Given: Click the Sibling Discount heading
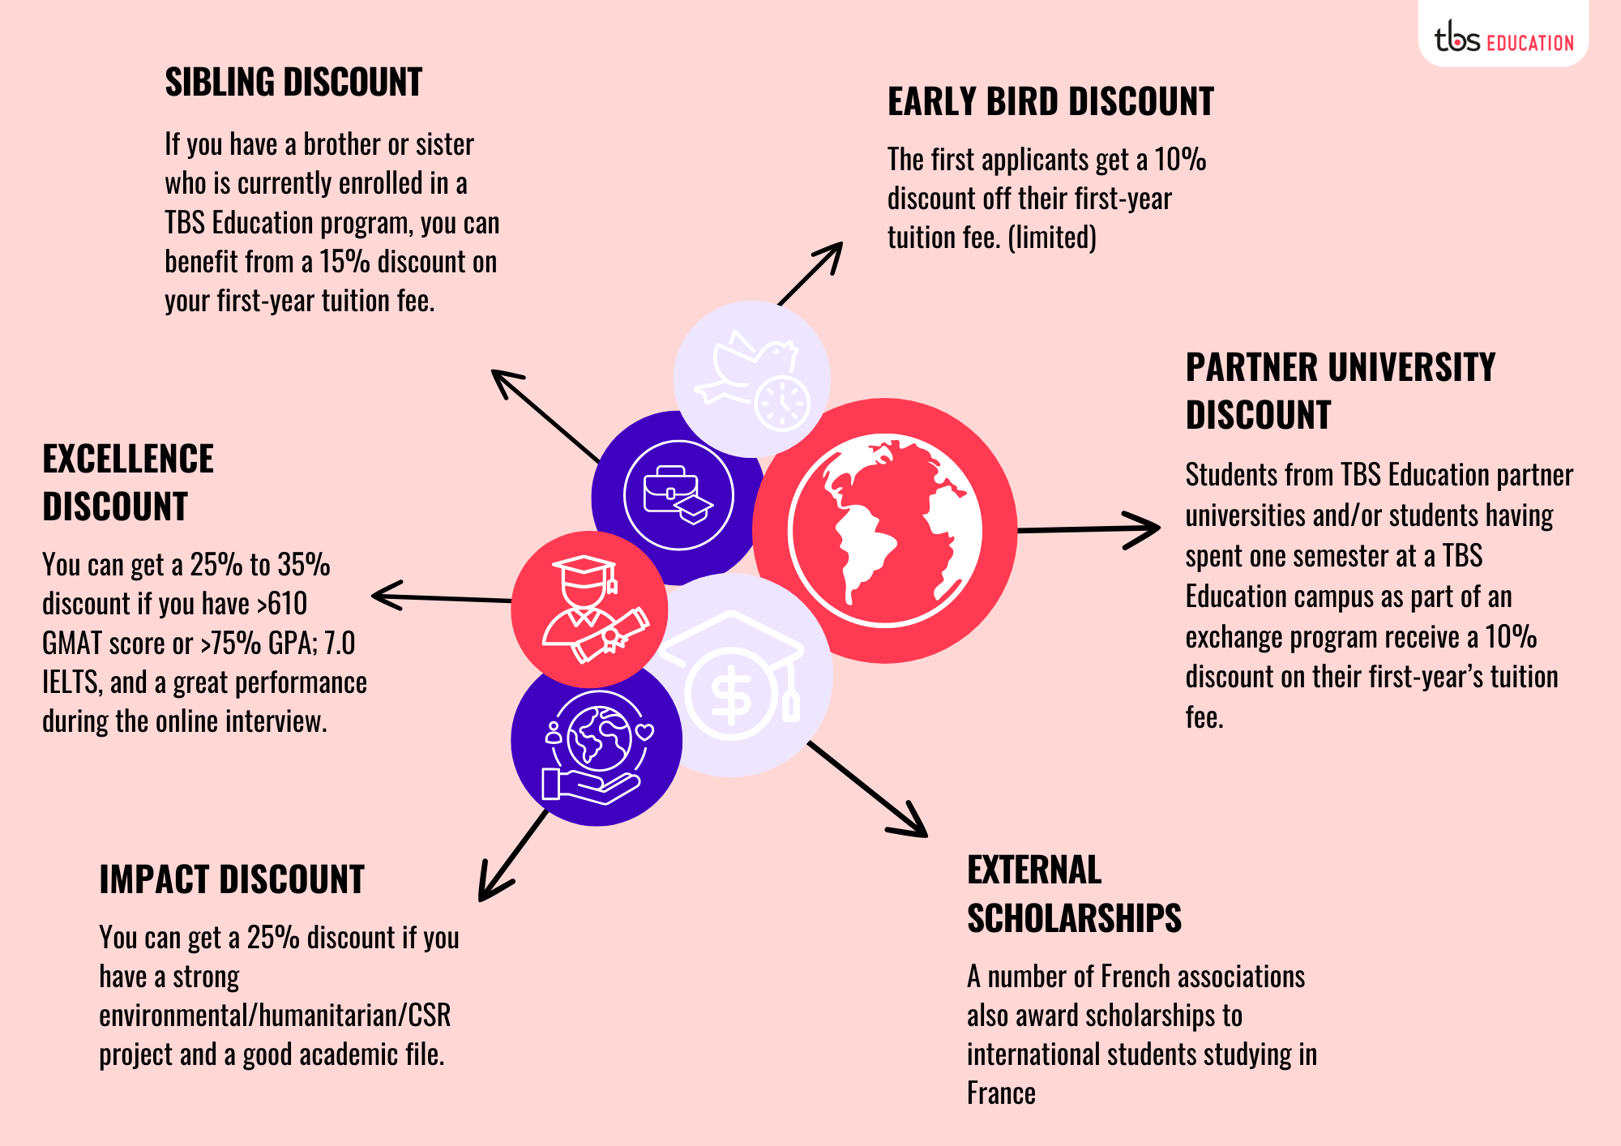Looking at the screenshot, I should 293,83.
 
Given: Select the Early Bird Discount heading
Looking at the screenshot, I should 1050,102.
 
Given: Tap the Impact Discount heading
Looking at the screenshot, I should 232,880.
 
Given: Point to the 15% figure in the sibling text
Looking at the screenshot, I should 344,262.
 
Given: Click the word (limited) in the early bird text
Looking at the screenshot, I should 1052,237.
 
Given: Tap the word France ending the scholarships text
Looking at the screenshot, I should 1001,1093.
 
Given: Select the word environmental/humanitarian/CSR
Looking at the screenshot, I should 275,1016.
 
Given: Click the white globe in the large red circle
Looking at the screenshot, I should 885,531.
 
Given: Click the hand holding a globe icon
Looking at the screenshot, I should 597,746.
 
